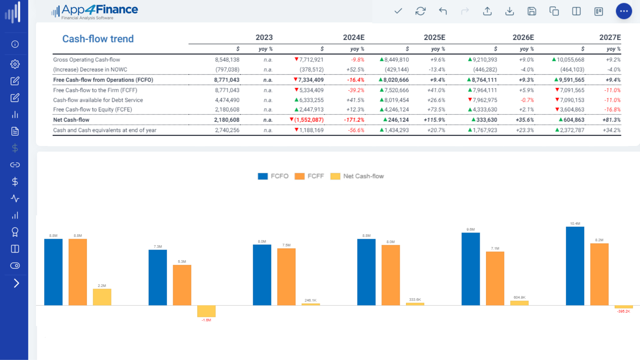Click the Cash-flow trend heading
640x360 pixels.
pos(98,39)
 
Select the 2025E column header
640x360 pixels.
pos(434,37)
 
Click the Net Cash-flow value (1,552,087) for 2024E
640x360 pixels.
pos(309,120)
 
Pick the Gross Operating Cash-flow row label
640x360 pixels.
pos(86,60)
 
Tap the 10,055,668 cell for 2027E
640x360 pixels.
pos(570,60)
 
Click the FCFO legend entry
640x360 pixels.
pos(273,176)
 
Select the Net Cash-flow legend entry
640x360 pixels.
pos(357,176)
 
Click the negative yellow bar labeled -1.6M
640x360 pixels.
pos(206,311)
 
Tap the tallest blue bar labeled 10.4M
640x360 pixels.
pos(575,266)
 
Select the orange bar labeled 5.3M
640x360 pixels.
pos(182,285)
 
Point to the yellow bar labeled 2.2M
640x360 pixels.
pos(102,297)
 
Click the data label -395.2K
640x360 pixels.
pos(623,311)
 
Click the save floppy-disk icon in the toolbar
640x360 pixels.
pos(532,11)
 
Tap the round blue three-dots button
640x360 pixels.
pos(624,11)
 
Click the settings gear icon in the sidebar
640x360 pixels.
pos(15,64)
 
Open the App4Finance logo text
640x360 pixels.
pos(99,10)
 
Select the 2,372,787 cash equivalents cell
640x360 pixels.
pos(572,130)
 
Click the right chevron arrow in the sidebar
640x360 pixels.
pos(16,283)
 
